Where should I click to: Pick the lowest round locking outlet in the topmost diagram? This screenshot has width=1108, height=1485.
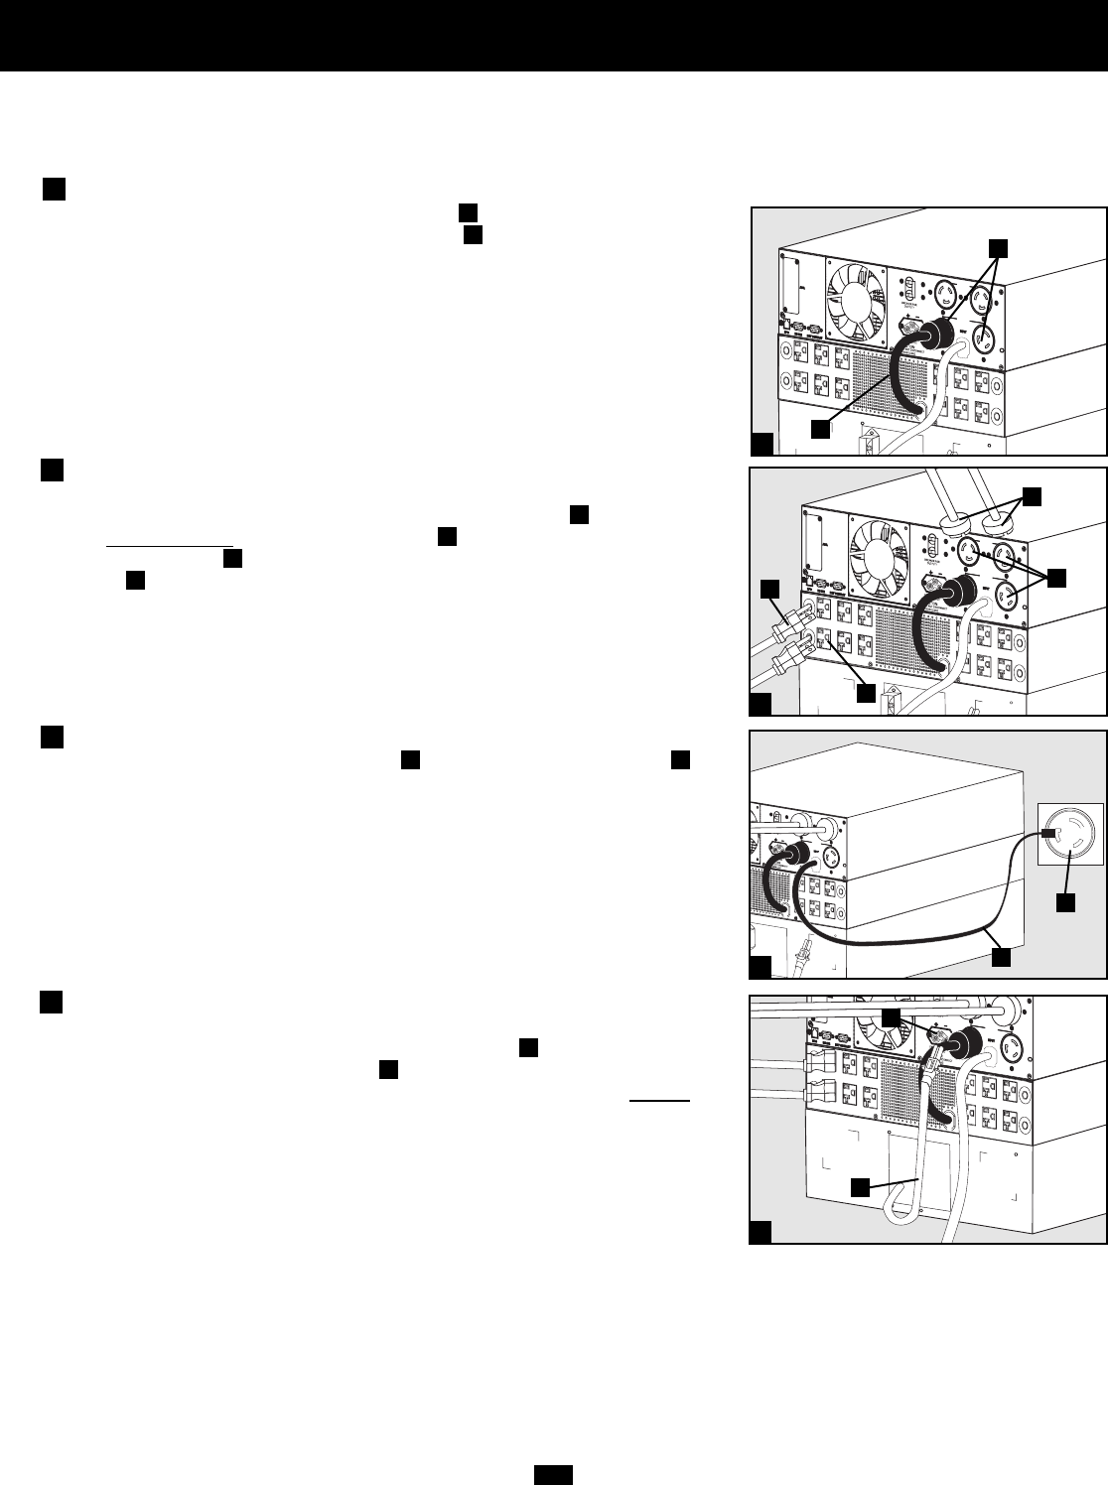click(983, 338)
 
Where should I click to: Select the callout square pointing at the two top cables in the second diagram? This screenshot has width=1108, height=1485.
click(1034, 496)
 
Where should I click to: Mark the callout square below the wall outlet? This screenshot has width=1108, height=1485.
click(1064, 903)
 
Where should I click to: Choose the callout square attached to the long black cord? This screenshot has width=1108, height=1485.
click(1002, 956)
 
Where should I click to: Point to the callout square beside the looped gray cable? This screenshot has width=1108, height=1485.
click(863, 1184)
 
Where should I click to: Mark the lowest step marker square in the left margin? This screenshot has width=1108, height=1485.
click(53, 1004)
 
